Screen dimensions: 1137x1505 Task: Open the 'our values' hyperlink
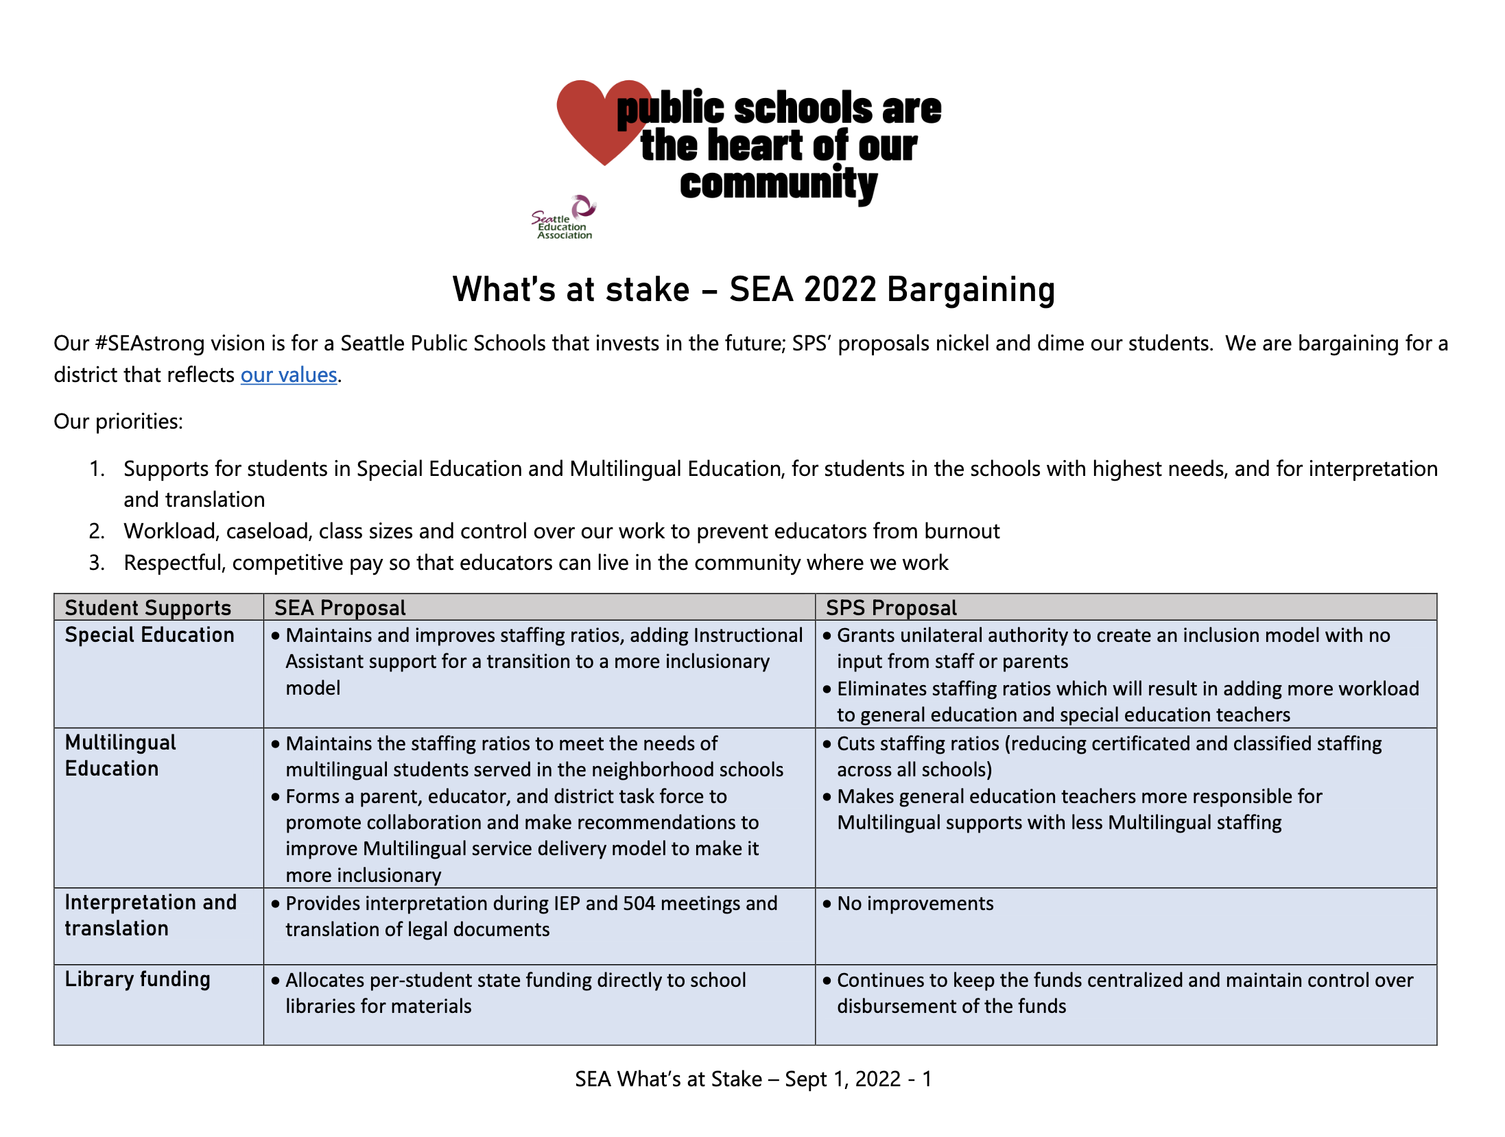click(x=289, y=375)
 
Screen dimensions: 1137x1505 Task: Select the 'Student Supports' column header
click(x=147, y=608)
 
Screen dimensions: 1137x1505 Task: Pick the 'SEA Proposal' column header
click(x=340, y=608)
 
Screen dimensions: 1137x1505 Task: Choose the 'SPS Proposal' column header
click(x=891, y=608)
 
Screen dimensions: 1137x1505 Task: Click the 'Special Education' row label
click(x=150, y=635)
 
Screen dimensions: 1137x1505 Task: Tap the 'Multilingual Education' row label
click(x=121, y=756)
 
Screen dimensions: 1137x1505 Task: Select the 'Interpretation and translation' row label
click(x=150, y=915)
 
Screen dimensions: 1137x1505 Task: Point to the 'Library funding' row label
click(x=137, y=979)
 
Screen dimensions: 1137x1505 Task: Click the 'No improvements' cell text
click(x=915, y=904)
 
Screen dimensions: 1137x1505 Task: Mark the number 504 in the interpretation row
click(x=639, y=904)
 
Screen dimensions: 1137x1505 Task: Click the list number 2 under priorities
click(x=97, y=531)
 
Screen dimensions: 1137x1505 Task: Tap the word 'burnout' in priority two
click(x=962, y=531)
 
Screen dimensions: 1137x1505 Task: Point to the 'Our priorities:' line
click(x=119, y=421)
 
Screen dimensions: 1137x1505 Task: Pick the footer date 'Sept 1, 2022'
click(x=842, y=1079)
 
